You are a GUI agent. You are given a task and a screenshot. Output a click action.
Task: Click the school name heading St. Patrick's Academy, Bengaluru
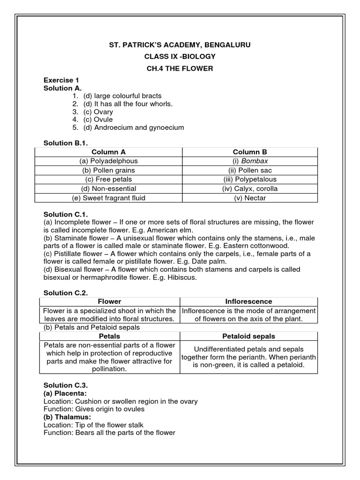[x=180, y=45]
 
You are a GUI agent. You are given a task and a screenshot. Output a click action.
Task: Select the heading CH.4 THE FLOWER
[x=180, y=69]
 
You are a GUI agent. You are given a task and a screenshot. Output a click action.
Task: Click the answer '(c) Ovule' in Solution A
[x=98, y=120]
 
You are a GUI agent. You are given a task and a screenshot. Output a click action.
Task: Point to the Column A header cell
[x=108, y=152]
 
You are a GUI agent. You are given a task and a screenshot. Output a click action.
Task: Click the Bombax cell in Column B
[x=250, y=161]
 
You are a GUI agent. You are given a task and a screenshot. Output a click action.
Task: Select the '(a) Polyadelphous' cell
[x=108, y=161]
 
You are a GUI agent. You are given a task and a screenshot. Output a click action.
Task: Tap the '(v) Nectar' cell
[x=250, y=198]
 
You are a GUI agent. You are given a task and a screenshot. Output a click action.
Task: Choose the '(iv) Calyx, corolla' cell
[x=250, y=188]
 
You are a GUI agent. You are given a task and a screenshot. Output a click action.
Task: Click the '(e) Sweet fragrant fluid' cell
[x=108, y=198]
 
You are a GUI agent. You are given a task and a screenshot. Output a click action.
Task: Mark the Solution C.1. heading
[x=66, y=214]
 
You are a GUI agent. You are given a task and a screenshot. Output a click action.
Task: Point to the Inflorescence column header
[x=249, y=301]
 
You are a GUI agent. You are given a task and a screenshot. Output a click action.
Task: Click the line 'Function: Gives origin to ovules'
[x=94, y=409]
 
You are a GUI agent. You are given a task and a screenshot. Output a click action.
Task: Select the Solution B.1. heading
[x=66, y=143]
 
